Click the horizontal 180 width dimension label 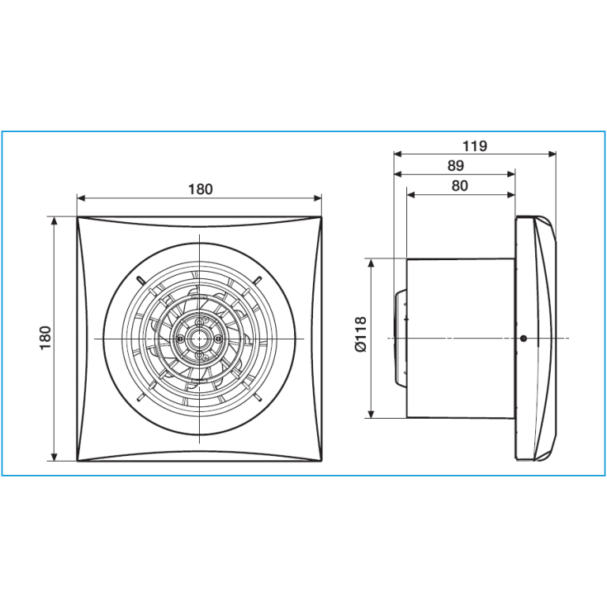[200, 189]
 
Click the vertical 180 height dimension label [45, 338]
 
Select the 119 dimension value [475, 146]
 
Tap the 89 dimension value [455, 166]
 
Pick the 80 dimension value [459, 186]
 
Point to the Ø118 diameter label [360, 334]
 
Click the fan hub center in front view [199, 339]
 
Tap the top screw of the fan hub [199, 322]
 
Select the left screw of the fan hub [180, 339]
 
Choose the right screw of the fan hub [219, 339]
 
